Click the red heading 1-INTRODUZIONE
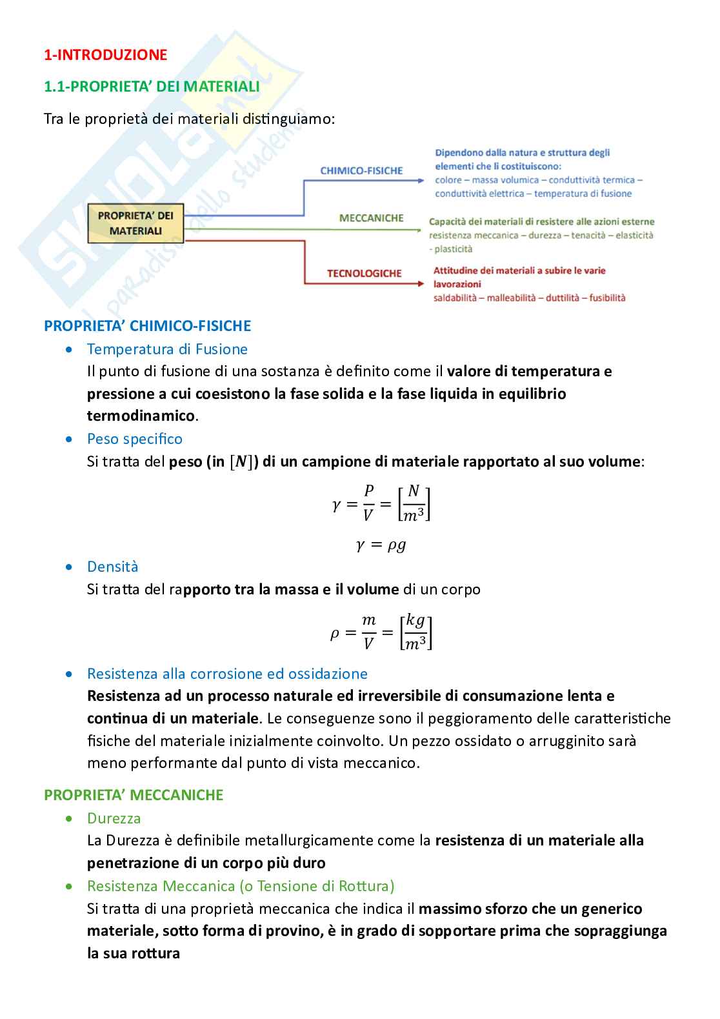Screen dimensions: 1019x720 pyautogui.click(x=105, y=55)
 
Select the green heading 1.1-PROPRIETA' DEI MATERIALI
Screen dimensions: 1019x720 pyautogui.click(x=152, y=86)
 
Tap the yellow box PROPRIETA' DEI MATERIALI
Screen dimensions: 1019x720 pyautogui.click(x=135, y=223)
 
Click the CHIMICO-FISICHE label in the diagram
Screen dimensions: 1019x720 pyautogui.click(x=361, y=170)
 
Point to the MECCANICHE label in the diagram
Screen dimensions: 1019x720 pyautogui.click(x=371, y=218)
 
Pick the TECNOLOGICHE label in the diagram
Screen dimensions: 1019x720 pyautogui.click(x=364, y=274)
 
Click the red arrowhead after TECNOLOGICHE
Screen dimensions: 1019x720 pyautogui.click(x=420, y=283)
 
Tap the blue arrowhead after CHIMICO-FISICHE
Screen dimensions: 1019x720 pyautogui.click(x=420, y=181)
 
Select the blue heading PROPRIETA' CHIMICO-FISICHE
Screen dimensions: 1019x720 pyautogui.click(x=147, y=326)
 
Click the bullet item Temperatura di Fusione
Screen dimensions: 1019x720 pyautogui.click(x=167, y=349)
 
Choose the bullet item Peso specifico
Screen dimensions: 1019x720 pyautogui.click(x=134, y=439)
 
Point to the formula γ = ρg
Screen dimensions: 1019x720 pyautogui.click(x=381, y=545)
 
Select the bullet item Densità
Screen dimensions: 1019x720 pyautogui.click(x=112, y=567)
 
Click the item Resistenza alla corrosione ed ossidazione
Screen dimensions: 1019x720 pyautogui.click(x=227, y=674)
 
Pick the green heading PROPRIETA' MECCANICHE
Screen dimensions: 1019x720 pyautogui.click(x=134, y=795)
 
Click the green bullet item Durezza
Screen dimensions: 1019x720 pyautogui.click(x=114, y=818)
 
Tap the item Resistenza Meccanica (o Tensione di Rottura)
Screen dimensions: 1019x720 pyautogui.click(x=241, y=886)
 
